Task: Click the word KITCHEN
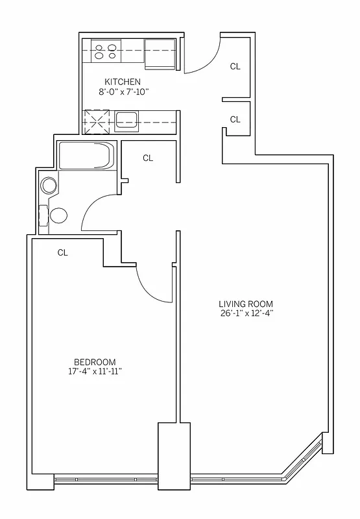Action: (123, 82)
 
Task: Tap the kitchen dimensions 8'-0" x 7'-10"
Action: (123, 92)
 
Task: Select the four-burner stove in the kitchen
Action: (106, 51)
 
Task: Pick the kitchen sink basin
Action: (127, 119)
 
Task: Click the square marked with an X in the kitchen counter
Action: (99, 120)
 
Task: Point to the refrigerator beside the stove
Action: (160, 52)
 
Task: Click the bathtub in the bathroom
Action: (86, 156)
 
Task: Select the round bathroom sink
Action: (49, 186)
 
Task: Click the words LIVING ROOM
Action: (245, 304)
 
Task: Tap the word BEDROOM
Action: (95, 362)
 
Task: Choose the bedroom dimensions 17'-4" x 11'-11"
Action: (95, 372)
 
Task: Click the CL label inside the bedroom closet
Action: (63, 253)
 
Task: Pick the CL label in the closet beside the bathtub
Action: (148, 158)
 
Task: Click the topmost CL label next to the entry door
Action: (235, 66)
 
